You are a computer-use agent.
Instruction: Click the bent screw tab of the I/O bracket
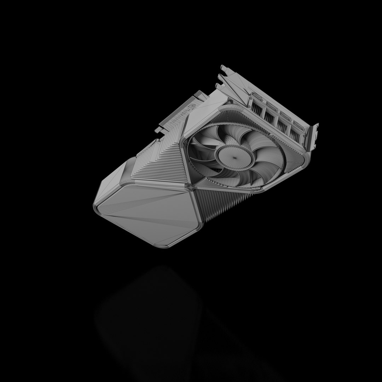(313, 136)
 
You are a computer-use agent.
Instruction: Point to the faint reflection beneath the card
(149, 318)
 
